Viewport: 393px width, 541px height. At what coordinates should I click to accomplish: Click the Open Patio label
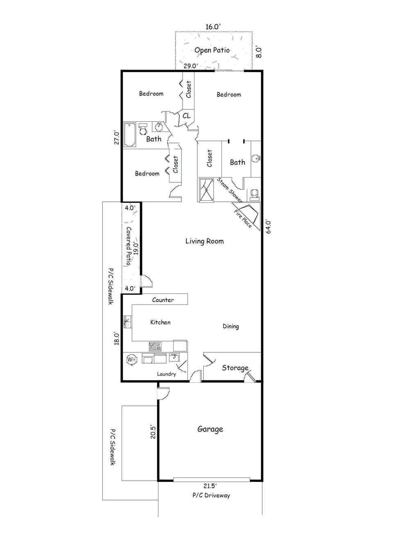point(212,50)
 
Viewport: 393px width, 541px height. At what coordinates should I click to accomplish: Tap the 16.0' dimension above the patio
point(213,27)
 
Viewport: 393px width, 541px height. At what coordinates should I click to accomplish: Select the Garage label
point(210,429)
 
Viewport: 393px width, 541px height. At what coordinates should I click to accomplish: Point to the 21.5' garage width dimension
point(210,486)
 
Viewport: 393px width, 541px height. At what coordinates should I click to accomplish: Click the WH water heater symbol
point(131,359)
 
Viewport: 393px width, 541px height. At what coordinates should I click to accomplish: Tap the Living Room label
point(204,241)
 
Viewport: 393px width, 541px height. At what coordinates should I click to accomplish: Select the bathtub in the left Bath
point(130,134)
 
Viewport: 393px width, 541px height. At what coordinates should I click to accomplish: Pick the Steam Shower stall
point(206,190)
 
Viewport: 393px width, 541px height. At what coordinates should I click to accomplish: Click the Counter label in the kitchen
point(163,300)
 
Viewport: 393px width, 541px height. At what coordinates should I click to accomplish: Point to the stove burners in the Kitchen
point(155,346)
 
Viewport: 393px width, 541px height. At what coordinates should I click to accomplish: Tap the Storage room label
point(235,368)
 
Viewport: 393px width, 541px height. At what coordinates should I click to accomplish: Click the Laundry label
point(166,374)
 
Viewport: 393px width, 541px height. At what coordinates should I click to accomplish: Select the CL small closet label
point(186,116)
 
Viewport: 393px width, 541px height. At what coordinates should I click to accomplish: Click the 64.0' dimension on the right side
point(269,227)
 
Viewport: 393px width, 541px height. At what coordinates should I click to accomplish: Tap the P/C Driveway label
point(211,495)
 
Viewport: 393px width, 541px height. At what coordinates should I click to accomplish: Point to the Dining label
point(230,326)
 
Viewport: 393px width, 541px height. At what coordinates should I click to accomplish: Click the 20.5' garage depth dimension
point(153,432)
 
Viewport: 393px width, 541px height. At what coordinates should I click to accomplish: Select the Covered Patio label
point(129,246)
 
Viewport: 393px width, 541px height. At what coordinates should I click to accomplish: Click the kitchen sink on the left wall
point(128,321)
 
